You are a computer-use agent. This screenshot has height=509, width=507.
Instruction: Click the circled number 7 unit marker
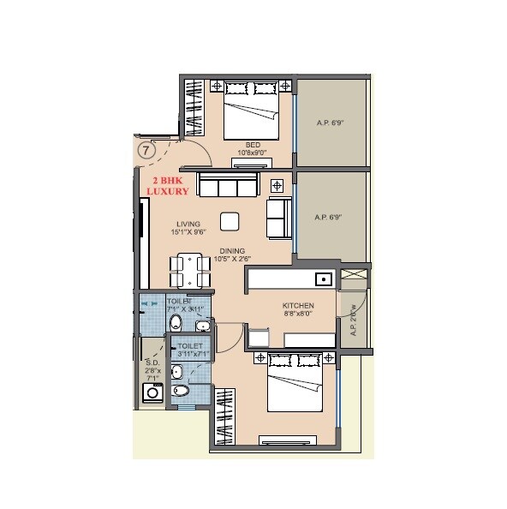pyautogui.click(x=147, y=150)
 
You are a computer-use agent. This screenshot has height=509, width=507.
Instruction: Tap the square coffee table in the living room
pyautogui.click(x=230, y=221)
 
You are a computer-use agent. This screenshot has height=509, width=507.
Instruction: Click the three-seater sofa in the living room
pyautogui.click(x=229, y=184)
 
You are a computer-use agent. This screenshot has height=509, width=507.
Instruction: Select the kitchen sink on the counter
pyautogui.click(x=323, y=278)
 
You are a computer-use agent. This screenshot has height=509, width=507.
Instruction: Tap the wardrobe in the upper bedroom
pyautogui.click(x=194, y=106)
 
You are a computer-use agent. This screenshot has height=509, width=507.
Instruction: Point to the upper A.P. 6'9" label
pyautogui.click(x=330, y=123)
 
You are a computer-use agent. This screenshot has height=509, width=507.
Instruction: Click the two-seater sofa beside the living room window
pyautogui.click(x=278, y=219)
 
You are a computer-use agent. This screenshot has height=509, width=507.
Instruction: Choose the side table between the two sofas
pyautogui.click(x=277, y=186)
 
